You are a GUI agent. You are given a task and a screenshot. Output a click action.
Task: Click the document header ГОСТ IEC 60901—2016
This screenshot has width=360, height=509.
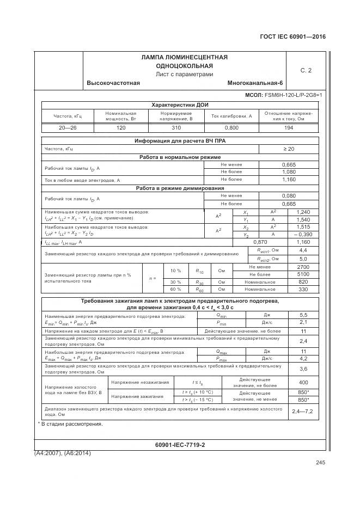(x=294, y=37)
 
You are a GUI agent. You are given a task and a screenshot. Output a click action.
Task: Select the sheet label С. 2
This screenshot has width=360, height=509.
(x=306, y=70)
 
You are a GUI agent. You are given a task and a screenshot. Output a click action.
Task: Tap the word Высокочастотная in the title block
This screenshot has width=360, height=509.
(x=113, y=83)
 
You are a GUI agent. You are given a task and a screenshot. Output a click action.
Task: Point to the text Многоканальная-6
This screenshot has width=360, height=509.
(x=255, y=83)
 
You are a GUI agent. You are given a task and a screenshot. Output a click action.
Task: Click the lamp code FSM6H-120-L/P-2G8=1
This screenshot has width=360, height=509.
(x=293, y=95)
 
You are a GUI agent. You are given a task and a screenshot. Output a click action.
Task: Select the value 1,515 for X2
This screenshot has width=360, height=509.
(x=303, y=226)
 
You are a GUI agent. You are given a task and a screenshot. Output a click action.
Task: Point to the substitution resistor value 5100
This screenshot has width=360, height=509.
(x=303, y=274)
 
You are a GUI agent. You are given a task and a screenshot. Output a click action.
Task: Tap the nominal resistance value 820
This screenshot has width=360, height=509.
(x=303, y=282)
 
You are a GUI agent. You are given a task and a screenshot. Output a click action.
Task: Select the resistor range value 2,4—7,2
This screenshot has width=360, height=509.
(x=303, y=411)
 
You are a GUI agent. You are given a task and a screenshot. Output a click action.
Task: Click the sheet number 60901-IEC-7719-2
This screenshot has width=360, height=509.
(x=180, y=445)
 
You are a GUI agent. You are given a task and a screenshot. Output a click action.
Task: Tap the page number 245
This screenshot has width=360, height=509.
(x=320, y=463)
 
